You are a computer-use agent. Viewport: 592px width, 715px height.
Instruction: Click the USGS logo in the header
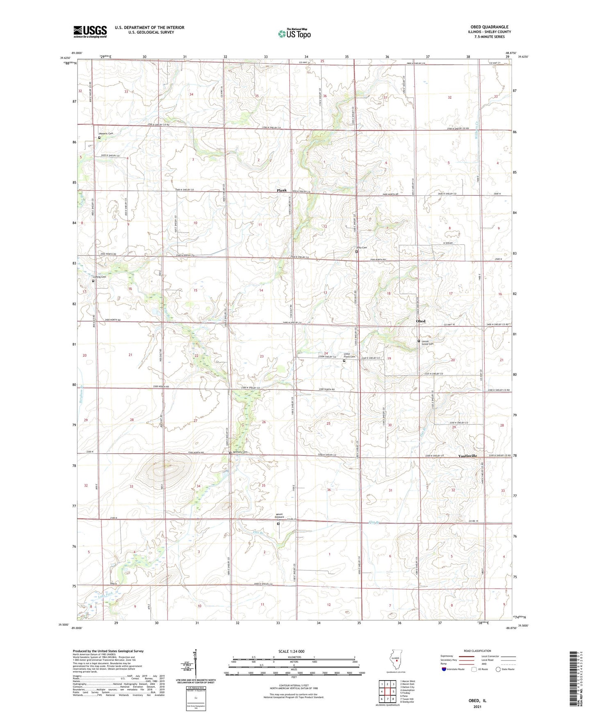(90, 32)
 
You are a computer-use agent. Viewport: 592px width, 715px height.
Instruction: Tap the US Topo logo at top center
(294, 34)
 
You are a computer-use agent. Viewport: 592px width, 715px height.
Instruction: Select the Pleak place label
(281, 190)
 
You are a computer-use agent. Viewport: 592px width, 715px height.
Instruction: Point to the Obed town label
(421, 321)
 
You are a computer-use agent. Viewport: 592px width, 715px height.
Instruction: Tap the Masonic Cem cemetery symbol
(99, 138)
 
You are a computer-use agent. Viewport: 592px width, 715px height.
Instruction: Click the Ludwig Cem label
(99, 277)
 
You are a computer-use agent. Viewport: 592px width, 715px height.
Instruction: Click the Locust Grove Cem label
(428, 342)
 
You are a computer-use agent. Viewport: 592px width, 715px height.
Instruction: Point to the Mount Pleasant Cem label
(281, 517)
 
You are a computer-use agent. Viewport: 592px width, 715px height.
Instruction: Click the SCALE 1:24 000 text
(291, 652)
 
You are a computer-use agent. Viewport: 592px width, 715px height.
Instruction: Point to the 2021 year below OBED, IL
(477, 707)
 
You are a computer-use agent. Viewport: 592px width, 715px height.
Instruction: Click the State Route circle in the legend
(498, 669)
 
